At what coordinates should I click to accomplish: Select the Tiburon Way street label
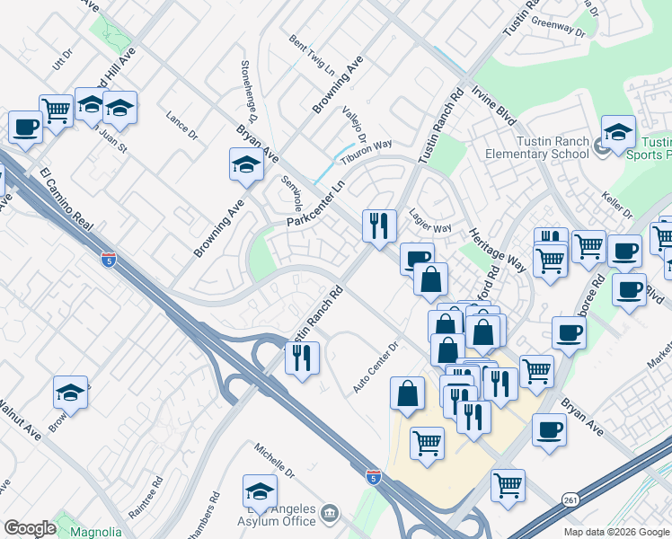370,146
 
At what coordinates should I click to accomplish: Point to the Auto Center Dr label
376,370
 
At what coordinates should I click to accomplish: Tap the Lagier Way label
429,222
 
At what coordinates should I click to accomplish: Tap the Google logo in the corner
29,528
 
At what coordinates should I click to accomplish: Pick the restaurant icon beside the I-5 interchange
303,358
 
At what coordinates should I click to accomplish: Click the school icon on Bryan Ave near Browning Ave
246,164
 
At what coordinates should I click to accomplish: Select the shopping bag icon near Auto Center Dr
408,393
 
